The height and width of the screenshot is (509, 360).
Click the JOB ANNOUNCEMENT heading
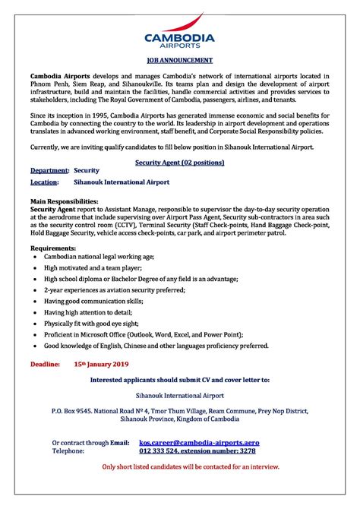[179, 59]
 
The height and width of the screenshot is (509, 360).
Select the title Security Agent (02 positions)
[179, 163]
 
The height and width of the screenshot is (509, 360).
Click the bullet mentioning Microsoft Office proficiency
[144, 334]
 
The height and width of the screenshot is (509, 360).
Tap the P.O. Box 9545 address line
[179, 411]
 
